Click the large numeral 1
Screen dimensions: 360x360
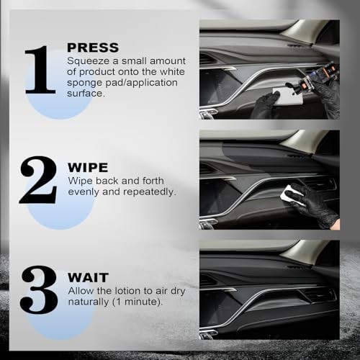click(40, 70)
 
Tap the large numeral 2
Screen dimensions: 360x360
click(38, 180)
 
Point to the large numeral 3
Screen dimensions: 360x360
click(39, 289)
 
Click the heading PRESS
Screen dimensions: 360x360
click(93, 48)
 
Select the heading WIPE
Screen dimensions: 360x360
click(88, 167)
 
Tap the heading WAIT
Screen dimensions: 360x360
click(89, 277)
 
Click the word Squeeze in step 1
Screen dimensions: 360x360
click(88, 61)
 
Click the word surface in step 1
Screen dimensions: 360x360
click(85, 94)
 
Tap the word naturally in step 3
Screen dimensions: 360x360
click(88, 302)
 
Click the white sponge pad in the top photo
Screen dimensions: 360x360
click(287, 96)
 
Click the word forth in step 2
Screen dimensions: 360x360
click(153, 181)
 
